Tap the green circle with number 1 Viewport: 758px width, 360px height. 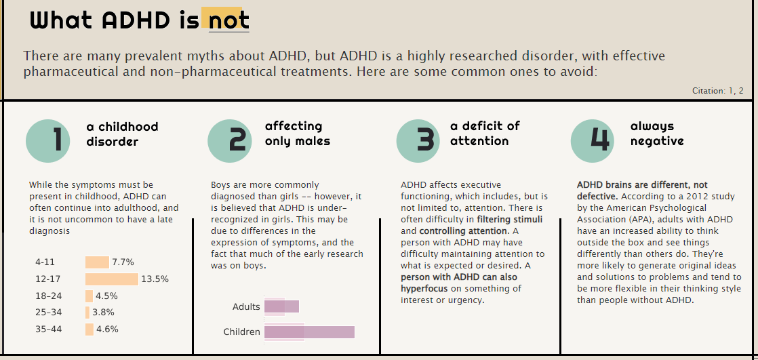[x=48, y=140]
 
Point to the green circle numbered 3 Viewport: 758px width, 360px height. [x=418, y=140]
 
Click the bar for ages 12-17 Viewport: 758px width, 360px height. [x=112, y=279]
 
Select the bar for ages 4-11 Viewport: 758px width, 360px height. [x=97, y=262]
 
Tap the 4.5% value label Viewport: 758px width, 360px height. [x=106, y=296]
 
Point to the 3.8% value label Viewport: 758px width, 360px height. [x=103, y=313]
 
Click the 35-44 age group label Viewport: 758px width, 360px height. [x=49, y=329]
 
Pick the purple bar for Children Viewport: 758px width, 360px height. [x=309, y=332]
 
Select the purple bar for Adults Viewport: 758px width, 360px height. [x=281, y=306]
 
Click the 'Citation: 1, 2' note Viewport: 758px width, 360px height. [x=717, y=91]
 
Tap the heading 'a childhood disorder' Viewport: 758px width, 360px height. [x=122, y=134]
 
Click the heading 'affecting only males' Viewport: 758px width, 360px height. [x=298, y=134]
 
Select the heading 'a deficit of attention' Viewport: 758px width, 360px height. [x=485, y=134]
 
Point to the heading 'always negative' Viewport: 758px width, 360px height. [x=657, y=134]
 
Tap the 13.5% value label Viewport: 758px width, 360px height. [x=155, y=279]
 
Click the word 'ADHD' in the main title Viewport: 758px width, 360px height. [x=136, y=20]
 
